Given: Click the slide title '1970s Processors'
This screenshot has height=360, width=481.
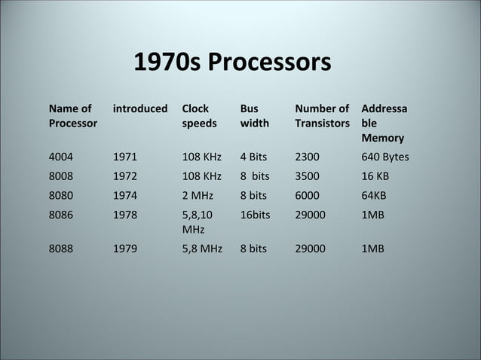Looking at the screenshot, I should pyautogui.click(x=232, y=62).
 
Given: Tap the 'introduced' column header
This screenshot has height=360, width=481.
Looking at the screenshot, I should pyautogui.click(x=140, y=108).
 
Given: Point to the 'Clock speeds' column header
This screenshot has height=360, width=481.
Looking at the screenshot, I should pyautogui.click(x=199, y=115).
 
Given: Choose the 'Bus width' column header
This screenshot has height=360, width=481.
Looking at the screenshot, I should pyautogui.click(x=254, y=115).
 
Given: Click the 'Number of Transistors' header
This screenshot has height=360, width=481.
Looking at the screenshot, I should pyautogui.click(x=322, y=115).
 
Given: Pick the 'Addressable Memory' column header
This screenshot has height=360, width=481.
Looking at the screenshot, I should pyautogui.click(x=384, y=123).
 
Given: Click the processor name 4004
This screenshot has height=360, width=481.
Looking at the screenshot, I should pyautogui.click(x=61, y=157).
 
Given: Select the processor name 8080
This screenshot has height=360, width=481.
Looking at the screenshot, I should pyautogui.click(x=61, y=195).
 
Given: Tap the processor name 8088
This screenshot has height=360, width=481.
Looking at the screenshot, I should pyautogui.click(x=61, y=246).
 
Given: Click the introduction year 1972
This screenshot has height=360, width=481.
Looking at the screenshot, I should pyautogui.click(x=125, y=176).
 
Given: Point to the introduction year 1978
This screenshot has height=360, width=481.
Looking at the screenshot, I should pyautogui.click(x=125, y=214).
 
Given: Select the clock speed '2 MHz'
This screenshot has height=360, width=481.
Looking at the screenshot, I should pyautogui.click(x=198, y=195).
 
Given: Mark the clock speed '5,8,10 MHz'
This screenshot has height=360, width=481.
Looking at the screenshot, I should pyautogui.click(x=198, y=221).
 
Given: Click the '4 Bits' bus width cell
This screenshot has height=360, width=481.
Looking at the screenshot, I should pyautogui.click(x=253, y=157).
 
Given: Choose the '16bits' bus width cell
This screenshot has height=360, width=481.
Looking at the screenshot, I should pyautogui.click(x=255, y=214).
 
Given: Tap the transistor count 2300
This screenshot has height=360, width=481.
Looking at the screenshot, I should pyautogui.click(x=307, y=157).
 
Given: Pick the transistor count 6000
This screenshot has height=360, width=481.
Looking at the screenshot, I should pyautogui.click(x=307, y=195).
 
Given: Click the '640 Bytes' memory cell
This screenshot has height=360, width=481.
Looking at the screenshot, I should pyautogui.click(x=385, y=157).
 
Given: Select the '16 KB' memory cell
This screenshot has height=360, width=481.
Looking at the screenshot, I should pyautogui.click(x=375, y=176).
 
